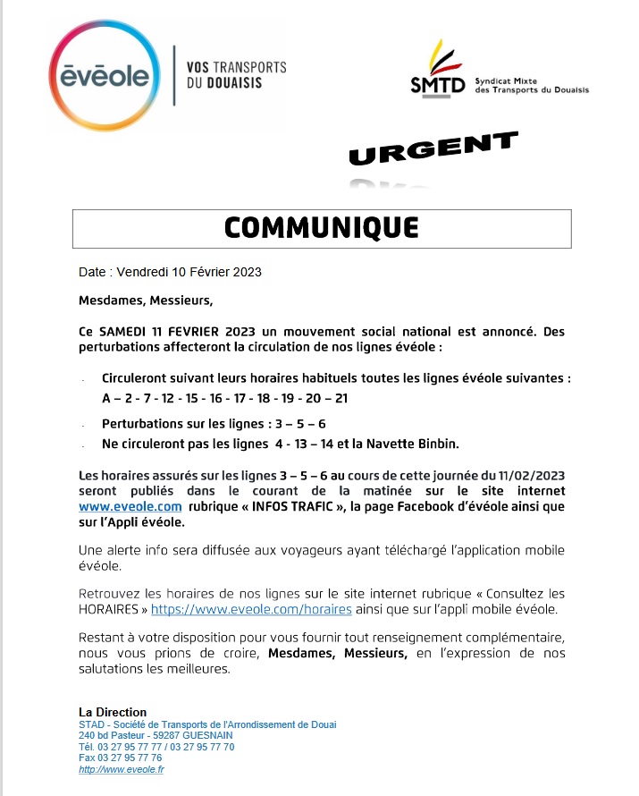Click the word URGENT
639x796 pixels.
click(x=433, y=149)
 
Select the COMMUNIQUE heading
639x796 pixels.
click(x=321, y=228)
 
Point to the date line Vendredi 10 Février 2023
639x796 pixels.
click(x=170, y=272)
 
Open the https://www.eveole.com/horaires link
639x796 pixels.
click(x=251, y=609)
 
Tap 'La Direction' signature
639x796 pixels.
click(x=113, y=713)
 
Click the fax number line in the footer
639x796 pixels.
click(x=120, y=758)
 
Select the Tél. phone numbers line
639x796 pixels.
click(x=156, y=747)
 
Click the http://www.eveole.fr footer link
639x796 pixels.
click(x=122, y=769)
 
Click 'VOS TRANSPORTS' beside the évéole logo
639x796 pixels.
click(x=236, y=67)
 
